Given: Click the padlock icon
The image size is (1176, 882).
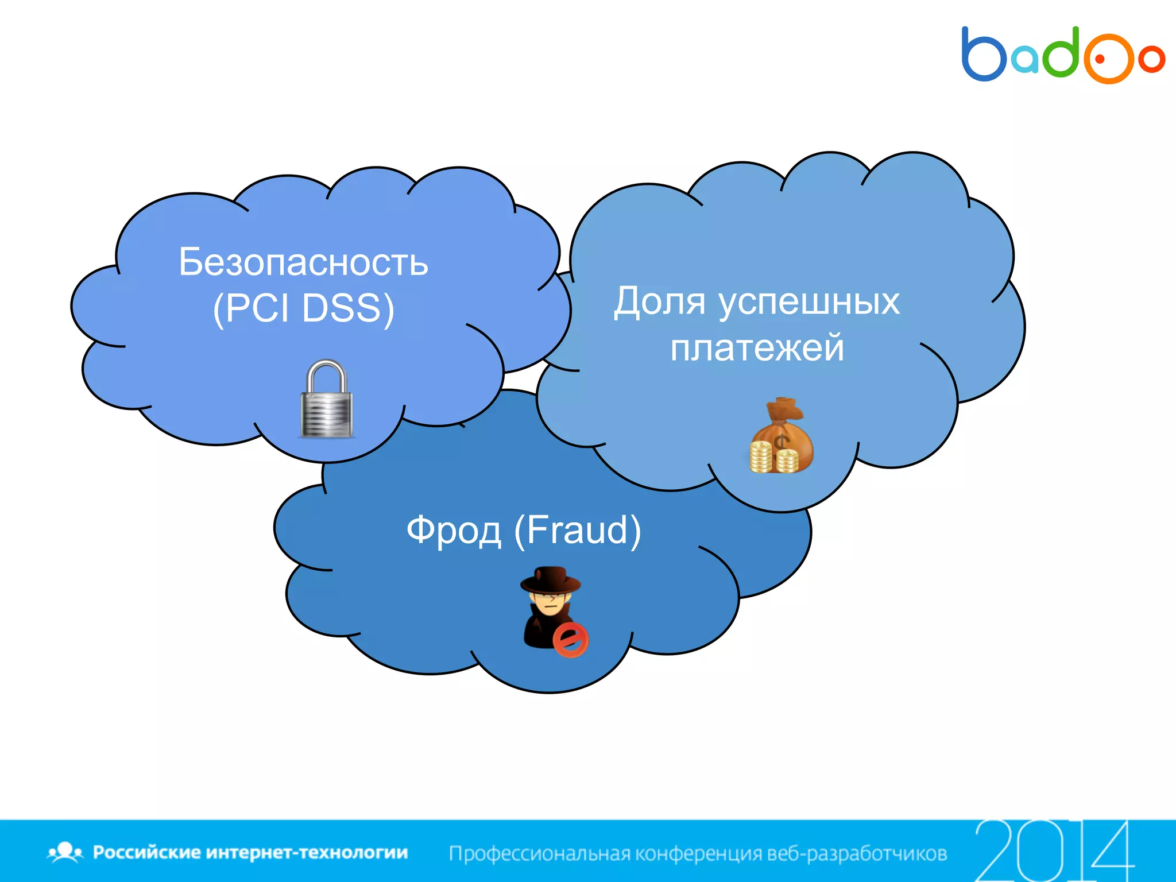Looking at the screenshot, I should click(x=326, y=400).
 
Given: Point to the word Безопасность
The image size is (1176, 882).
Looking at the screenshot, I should click(x=303, y=262).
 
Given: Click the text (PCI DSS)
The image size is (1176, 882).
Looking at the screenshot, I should click(x=303, y=308).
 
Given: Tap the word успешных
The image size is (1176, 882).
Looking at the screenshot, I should click(x=809, y=303).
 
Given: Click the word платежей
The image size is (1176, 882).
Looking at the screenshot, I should click(x=757, y=348).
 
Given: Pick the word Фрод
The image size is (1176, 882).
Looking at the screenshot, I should click(x=454, y=531).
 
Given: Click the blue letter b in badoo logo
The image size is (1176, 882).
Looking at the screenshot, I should click(x=983, y=55).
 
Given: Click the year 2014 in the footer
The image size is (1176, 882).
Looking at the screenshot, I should click(x=1054, y=851).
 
